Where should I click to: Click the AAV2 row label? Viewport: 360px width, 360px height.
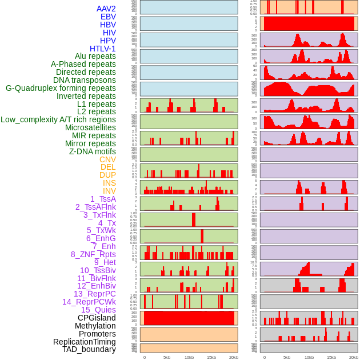[106, 9]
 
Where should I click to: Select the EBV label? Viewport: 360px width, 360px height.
[108, 17]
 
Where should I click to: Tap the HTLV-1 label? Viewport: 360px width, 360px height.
[103, 49]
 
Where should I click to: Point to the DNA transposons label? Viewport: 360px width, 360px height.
[85, 80]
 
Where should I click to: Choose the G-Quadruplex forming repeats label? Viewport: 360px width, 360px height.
[61, 88]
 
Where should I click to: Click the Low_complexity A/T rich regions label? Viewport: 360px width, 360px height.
[58, 119]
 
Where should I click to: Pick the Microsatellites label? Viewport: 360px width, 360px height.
[90, 127]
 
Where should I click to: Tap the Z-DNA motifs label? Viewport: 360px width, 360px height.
[93, 151]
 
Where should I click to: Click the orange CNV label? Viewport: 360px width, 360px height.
[107, 159]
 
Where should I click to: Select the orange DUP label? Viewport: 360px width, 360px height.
[107, 175]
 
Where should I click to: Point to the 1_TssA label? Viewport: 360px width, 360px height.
[103, 199]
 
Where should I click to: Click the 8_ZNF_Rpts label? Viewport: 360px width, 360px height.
[93, 254]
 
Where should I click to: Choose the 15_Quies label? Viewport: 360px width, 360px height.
[98, 310]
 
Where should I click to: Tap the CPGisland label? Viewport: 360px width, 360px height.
[97, 318]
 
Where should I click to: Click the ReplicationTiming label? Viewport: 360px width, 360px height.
[84, 342]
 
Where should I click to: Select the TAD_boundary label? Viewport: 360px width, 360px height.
[89, 349]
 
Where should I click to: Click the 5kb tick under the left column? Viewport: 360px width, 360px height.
[167, 357]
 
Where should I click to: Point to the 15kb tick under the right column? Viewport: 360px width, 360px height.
[331, 357]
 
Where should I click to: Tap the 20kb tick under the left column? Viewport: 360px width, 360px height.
[234, 357]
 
